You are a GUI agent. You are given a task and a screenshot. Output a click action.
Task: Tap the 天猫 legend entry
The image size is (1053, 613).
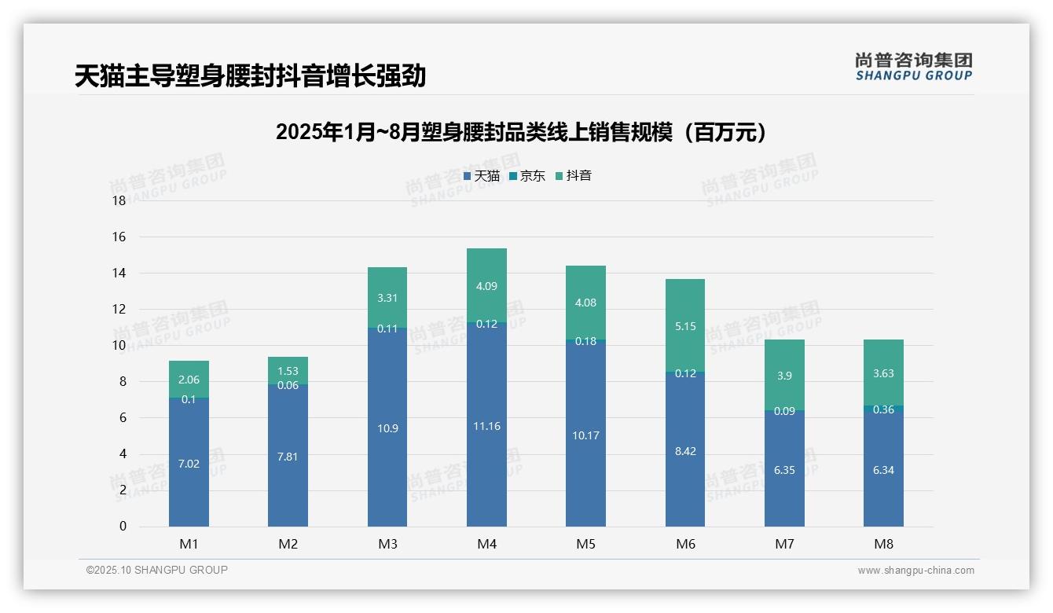(482, 176)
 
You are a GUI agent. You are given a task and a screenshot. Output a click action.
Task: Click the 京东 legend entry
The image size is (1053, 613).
(527, 176)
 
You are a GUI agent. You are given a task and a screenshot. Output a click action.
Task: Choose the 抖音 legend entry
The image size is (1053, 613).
(574, 176)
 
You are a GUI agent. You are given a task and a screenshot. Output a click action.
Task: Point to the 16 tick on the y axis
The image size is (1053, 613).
(119, 237)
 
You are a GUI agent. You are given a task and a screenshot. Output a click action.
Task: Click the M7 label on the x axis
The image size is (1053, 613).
(784, 544)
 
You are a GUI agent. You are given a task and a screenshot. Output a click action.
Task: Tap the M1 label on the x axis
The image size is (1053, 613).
(189, 544)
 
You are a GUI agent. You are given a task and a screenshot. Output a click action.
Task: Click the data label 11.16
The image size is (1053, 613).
(486, 426)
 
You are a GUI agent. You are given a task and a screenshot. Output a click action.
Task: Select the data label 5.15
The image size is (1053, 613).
(685, 326)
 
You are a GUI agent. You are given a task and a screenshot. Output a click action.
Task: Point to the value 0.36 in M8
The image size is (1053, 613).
(883, 409)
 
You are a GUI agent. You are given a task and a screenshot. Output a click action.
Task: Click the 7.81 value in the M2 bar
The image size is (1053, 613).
(288, 457)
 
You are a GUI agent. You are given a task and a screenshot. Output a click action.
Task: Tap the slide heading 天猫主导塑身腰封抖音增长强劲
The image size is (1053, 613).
(251, 76)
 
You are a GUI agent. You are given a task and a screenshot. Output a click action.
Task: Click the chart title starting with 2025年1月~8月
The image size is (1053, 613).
(521, 132)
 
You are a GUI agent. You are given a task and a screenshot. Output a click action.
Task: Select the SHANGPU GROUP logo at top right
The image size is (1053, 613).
(914, 67)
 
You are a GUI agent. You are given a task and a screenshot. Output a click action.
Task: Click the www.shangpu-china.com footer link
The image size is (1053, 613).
(915, 571)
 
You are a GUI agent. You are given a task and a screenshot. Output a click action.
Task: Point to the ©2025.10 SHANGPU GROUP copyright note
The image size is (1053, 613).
(157, 570)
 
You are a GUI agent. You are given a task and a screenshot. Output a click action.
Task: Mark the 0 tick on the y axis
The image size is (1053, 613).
(123, 527)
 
